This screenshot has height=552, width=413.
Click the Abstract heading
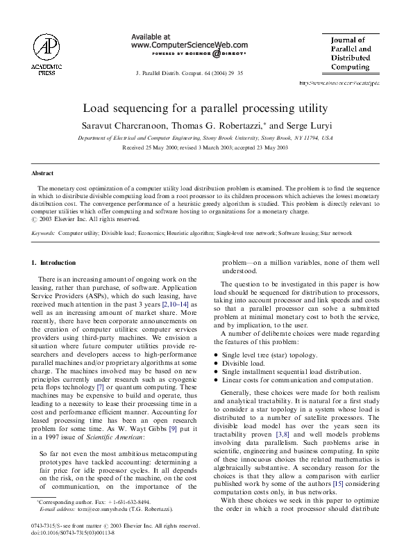coord(42,172)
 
